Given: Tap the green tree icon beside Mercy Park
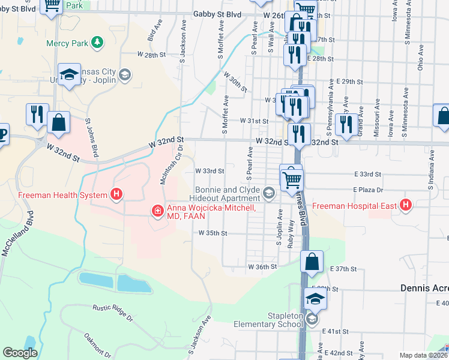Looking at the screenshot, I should (x=96, y=43).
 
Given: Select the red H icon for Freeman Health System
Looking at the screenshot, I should (x=116, y=194).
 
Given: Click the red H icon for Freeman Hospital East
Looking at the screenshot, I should (x=406, y=206).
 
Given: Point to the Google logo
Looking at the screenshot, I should (x=20, y=353).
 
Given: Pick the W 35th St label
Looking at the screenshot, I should (x=213, y=233).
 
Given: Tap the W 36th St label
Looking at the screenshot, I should (x=262, y=266).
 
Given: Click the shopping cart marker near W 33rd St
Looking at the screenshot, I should (x=291, y=178).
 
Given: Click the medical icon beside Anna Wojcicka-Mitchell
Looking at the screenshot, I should (x=157, y=210).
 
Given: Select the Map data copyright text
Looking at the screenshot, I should (x=423, y=355).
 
